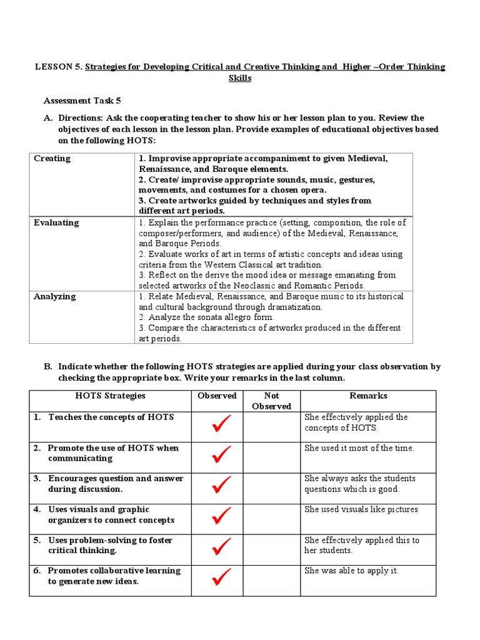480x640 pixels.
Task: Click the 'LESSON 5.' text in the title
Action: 57,67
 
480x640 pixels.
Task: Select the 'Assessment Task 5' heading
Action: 78,101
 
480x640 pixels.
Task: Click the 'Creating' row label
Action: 52,159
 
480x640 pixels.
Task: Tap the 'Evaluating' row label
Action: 56,222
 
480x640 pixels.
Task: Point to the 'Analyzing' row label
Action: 54,296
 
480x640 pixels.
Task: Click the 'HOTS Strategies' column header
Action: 110,396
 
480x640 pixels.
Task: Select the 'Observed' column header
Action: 217,396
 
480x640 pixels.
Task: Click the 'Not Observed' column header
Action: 271,401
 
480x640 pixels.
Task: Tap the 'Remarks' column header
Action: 368,396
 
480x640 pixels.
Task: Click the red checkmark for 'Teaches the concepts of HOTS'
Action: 221,426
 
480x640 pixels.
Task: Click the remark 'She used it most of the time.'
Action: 359,448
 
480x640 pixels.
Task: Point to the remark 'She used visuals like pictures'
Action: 361,509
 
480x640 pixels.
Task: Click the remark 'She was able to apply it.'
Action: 351,571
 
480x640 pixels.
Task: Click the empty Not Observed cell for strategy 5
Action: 271,549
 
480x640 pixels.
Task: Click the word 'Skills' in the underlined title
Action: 240,79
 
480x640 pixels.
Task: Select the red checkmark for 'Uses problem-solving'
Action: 221,547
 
